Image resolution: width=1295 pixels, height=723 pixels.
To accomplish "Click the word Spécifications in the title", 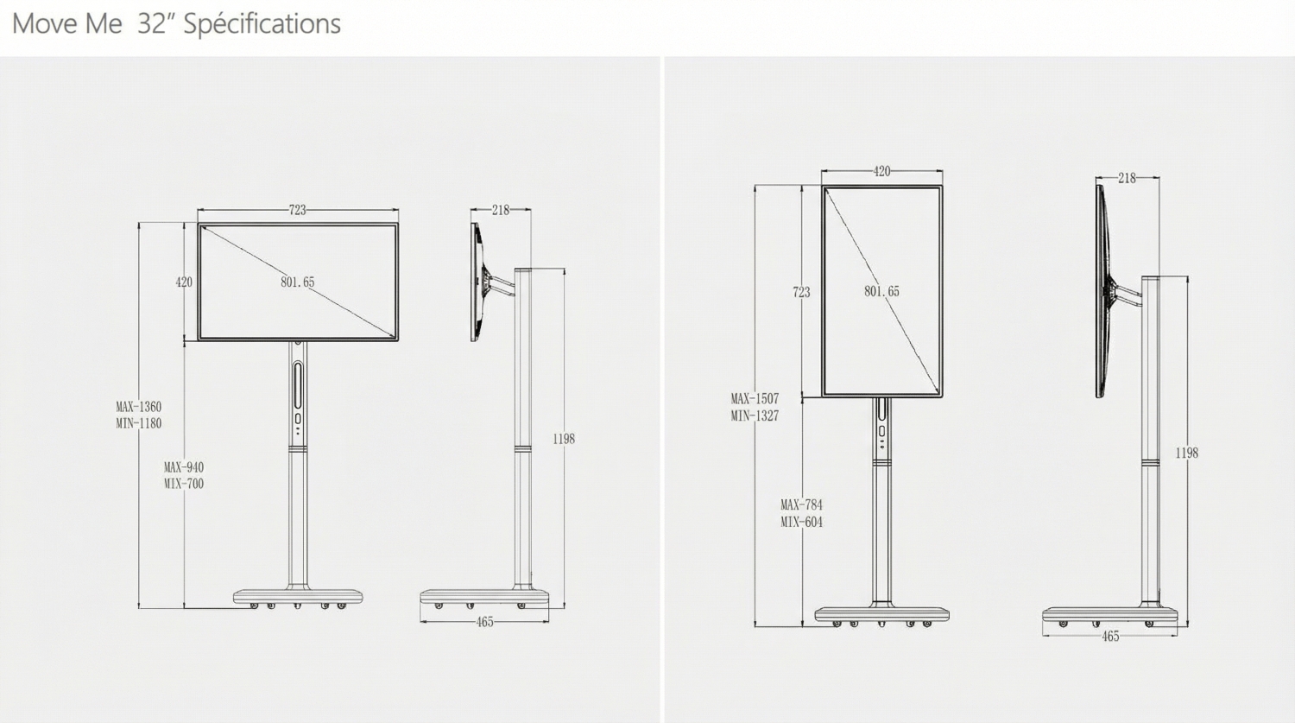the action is click(x=262, y=24).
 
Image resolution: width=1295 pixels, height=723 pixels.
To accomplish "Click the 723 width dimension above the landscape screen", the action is click(x=298, y=210).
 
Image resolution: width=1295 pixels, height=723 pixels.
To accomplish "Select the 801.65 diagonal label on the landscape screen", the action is click(x=298, y=282).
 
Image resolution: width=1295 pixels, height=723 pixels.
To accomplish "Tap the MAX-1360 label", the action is click(x=139, y=407).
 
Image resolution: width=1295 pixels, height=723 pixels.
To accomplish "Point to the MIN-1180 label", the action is click(x=139, y=423).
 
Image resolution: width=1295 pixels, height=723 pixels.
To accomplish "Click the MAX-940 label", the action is click(x=184, y=466).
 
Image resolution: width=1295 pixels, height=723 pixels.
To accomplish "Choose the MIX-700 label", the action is click(x=184, y=484).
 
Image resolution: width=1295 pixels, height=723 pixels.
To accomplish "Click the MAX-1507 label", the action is click(x=755, y=398).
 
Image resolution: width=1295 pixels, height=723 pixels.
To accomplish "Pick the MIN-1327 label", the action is click(x=755, y=415).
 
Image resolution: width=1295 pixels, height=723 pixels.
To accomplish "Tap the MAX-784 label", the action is click(x=802, y=505).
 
